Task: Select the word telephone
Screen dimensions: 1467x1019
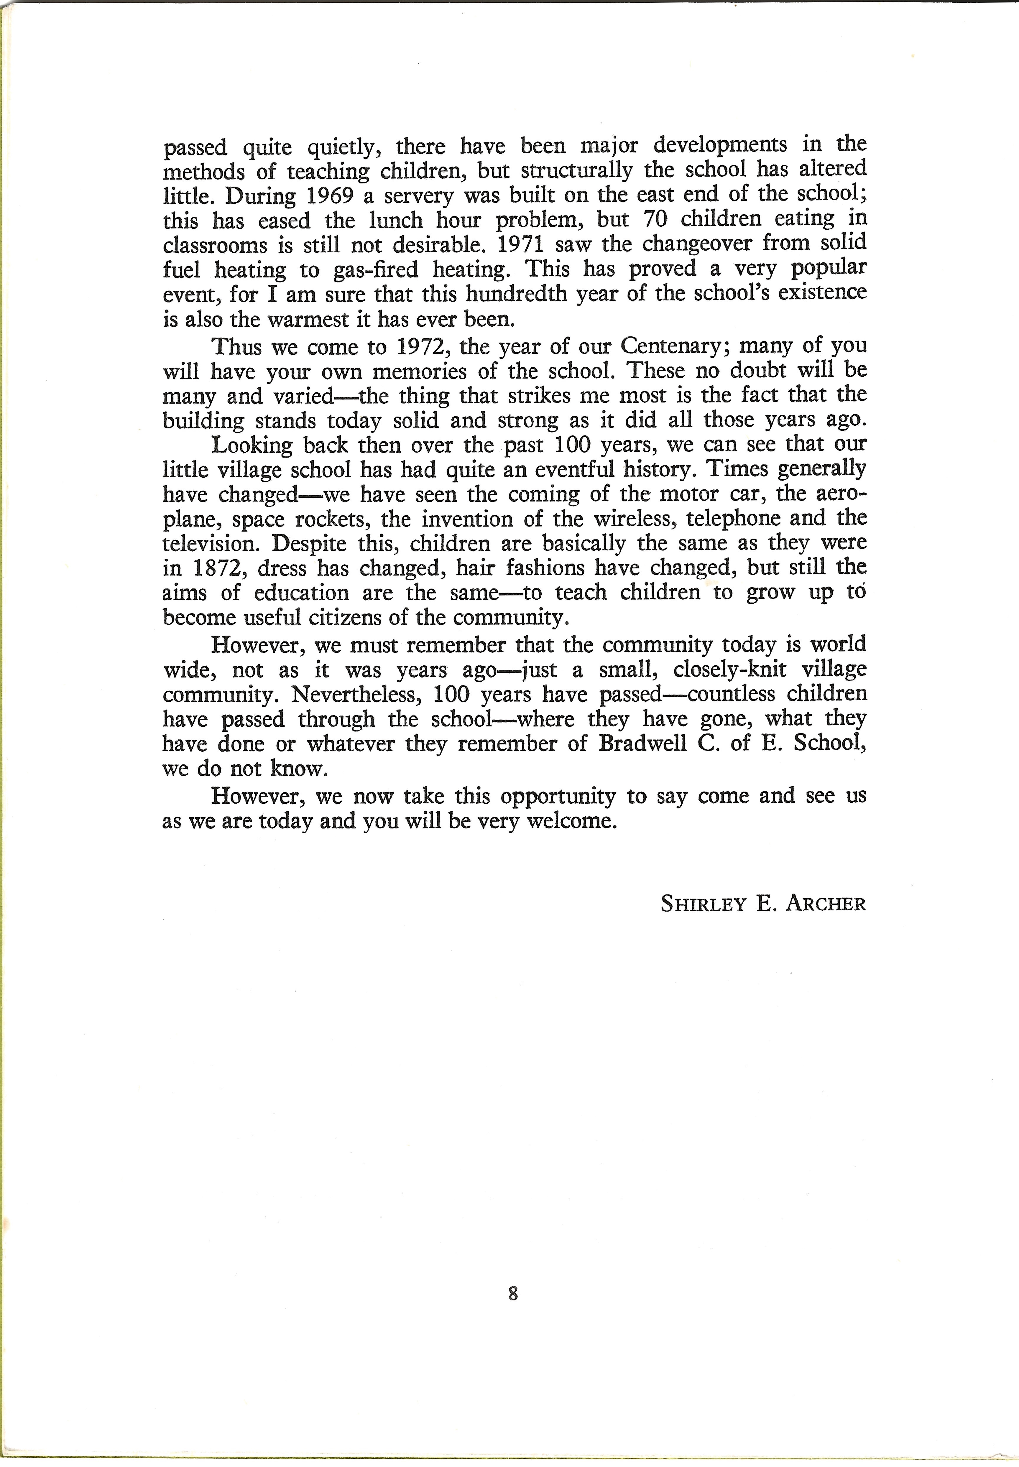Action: (x=730, y=518)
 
